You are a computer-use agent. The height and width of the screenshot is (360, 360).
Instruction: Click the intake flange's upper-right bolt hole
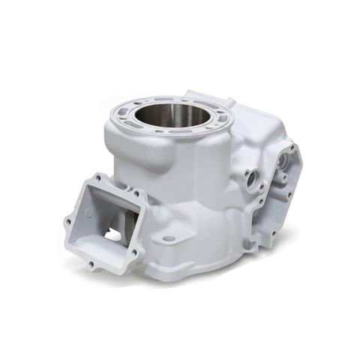(136, 194)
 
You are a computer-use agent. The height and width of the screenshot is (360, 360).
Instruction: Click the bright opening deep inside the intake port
(112, 235)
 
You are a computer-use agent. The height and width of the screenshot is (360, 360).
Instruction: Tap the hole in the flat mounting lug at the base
(169, 238)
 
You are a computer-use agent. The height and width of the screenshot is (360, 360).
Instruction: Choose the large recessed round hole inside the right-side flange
(282, 160)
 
